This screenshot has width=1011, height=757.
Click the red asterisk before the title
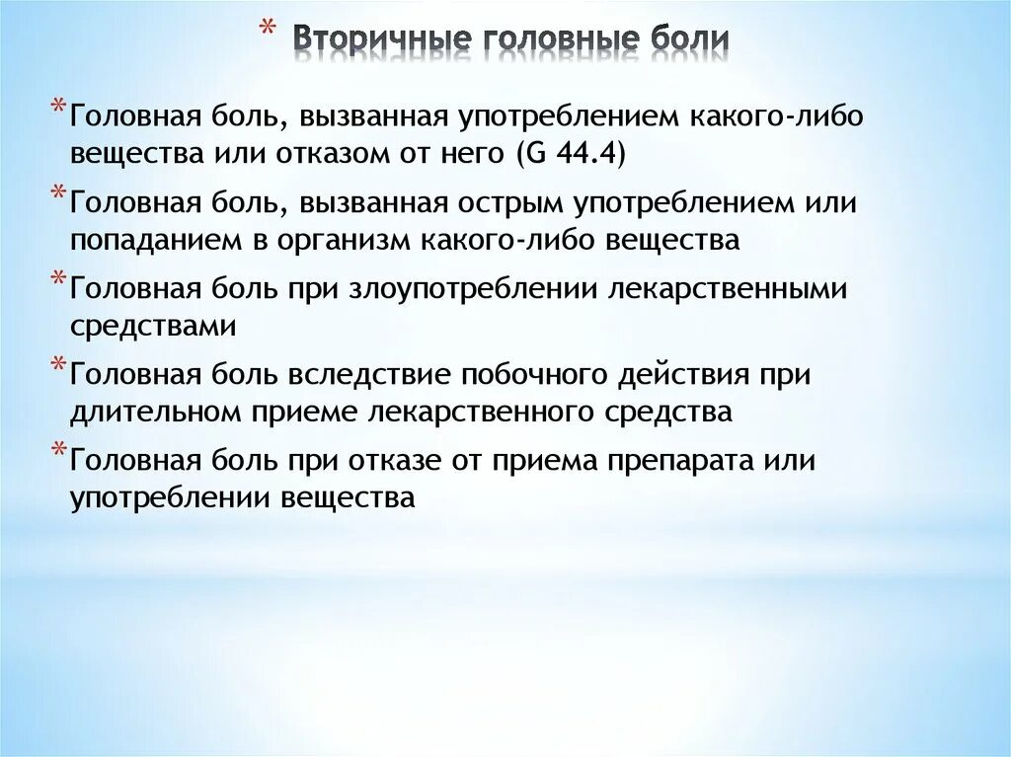click(266, 29)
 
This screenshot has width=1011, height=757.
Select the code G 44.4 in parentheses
click(567, 155)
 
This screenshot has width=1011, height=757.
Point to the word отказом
click(364, 155)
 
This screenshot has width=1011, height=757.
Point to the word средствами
click(152, 326)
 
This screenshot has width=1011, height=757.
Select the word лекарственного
click(488, 412)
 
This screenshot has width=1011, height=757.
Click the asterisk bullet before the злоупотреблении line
click(57, 278)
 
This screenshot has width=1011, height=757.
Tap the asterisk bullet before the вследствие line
click(57, 364)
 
